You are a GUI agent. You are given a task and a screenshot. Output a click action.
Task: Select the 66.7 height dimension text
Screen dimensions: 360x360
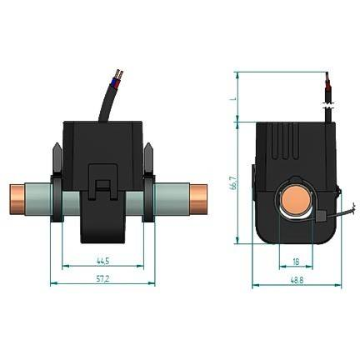(234, 182)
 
